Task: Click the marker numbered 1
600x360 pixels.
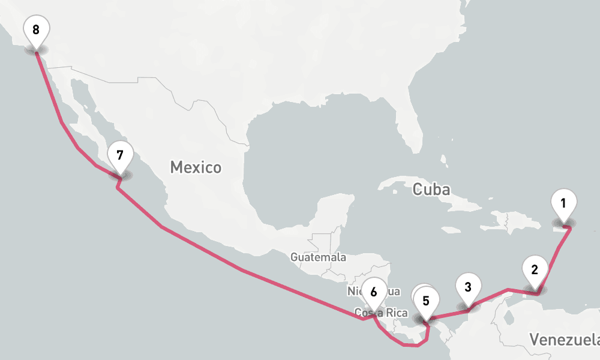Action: (x=563, y=203)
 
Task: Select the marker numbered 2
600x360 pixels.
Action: (x=534, y=269)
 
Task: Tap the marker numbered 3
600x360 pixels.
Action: (x=468, y=287)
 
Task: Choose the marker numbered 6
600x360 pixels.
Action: (x=374, y=292)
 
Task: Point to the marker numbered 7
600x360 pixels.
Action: (x=120, y=155)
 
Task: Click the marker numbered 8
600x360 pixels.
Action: (x=36, y=29)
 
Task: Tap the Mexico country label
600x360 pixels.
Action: (x=196, y=167)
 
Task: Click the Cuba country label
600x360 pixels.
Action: (x=431, y=190)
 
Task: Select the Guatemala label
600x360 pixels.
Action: (x=318, y=257)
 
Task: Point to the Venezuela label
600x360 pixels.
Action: (x=564, y=340)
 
